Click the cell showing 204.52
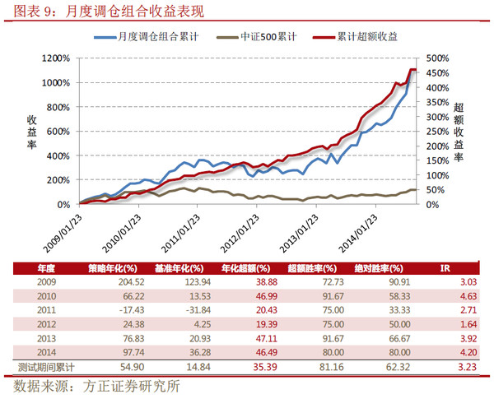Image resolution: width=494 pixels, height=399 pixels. [x=116, y=281]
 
